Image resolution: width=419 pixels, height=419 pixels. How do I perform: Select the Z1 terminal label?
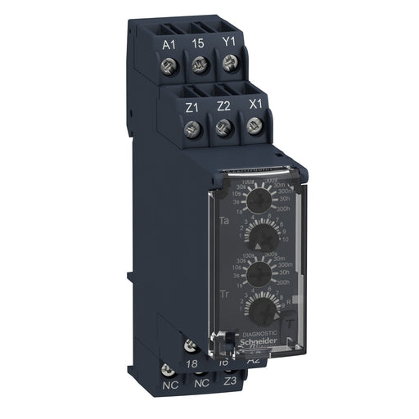pyautogui.click(x=193, y=106)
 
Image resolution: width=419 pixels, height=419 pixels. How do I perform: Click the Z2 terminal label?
pyautogui.click(x=223, y=106)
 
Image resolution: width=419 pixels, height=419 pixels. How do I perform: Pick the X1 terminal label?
pyautogui.click(x=255, y=104)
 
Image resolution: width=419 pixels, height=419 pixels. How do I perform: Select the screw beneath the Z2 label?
pyautogui.click(x=221, y=128)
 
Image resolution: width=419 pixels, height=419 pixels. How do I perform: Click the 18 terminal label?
pyautogui.click(x=192, y=363)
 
